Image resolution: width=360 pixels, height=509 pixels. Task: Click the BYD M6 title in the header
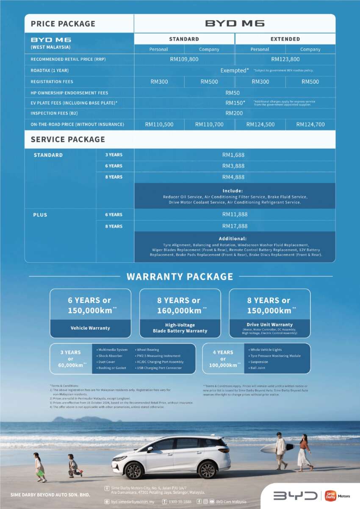click(x=235, y=23)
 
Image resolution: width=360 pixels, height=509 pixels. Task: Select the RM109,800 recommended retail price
click(x=184, y=59)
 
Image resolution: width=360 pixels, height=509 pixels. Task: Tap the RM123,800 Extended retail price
click(x=285, y=59)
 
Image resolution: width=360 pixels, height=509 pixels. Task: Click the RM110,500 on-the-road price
click(x=159, y=125)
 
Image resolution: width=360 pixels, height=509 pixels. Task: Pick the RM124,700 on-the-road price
click(x=310, y=125)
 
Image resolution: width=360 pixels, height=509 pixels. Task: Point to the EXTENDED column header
click(x=285, y=39)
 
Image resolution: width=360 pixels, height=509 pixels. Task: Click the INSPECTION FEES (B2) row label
click(x=54, y=113)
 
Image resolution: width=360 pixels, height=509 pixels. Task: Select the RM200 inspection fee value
click(x=234, y=113)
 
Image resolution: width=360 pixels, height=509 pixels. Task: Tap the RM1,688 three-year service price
click(x=233, y=155)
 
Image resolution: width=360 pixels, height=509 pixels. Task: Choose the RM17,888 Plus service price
click(x=235, y=226)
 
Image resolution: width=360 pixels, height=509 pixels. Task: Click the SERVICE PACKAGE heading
click(x=68, y=139)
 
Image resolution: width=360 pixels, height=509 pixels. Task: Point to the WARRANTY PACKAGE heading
click(x=180, y=277)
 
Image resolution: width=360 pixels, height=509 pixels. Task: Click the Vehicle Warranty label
click(x=90, y=328)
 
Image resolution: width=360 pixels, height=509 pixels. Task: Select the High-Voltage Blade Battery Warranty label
click(x=180, y=328)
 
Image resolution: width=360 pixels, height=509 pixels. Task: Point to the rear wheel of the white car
click(x=207, y=470)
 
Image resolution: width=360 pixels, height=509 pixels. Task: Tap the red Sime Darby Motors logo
click(x=331, y=495)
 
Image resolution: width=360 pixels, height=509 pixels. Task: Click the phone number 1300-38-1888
click(x=179, y=502)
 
